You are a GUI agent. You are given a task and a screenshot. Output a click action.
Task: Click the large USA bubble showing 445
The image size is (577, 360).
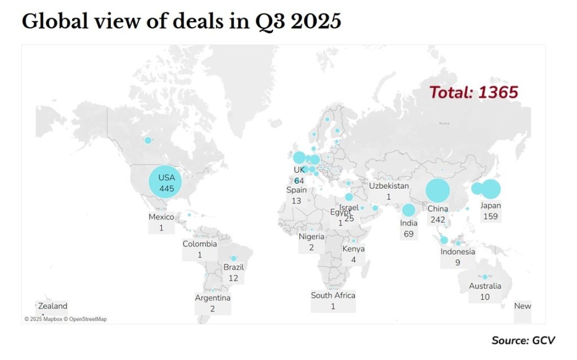tap(166, 181)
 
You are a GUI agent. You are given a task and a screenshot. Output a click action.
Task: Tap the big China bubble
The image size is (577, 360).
tap(438, 190)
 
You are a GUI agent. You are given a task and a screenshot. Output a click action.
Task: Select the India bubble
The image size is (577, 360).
tap(409, 211)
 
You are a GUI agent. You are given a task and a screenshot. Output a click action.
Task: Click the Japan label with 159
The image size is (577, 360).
tap(490, 211)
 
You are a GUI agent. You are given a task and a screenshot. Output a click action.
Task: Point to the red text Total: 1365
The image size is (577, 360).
tap(473, 92)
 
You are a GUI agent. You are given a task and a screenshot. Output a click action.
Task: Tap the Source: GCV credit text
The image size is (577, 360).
tap(523, 340)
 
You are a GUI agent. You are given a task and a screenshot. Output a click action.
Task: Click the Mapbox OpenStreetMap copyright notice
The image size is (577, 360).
tap(65, 319)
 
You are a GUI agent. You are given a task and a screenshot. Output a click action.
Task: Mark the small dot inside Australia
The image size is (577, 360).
tap(485, 277)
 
